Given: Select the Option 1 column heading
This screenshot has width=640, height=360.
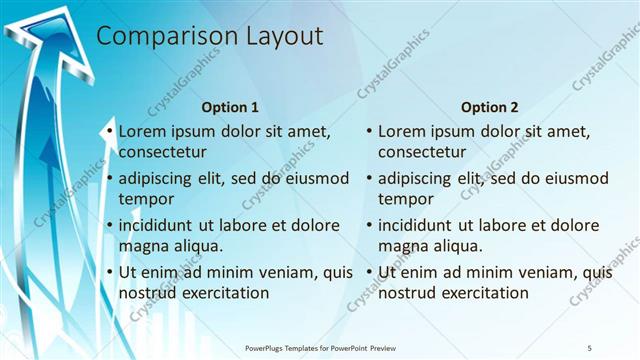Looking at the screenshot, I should click(x=230, y=107).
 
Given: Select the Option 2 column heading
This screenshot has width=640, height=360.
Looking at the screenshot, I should click(x=489, y=107).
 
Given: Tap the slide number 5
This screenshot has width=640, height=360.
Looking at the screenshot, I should click(x=589, y=347).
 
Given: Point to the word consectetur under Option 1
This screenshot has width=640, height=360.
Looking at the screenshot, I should click(x=162, y=153).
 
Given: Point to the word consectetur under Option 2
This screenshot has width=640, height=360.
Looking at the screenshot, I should click(x=421, y=153).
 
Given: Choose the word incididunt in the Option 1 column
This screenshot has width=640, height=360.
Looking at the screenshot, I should click(x=162, y=225).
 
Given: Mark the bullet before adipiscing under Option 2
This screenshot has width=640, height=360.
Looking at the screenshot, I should click(x=369, y=179).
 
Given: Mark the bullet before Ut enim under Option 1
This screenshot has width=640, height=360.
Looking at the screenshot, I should click(x=110, y=271).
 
